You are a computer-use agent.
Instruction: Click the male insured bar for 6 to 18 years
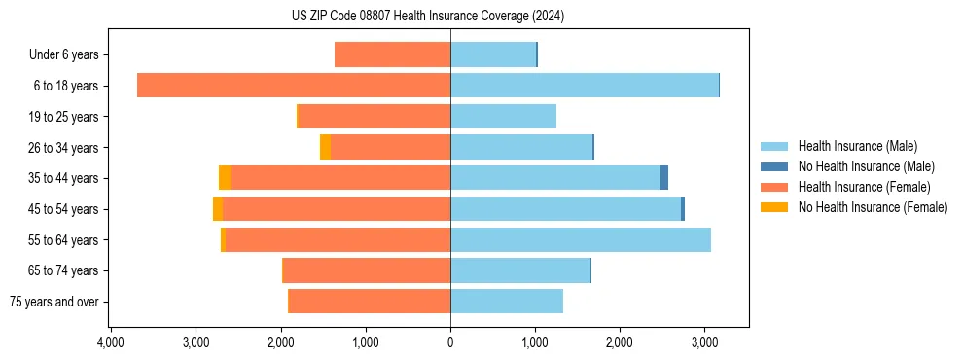(x=584, y=86)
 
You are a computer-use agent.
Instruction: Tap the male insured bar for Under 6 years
(x=493, y=54)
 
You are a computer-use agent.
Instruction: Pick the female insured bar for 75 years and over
(x=370, y=302)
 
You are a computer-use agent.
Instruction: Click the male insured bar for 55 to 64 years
(x=580, y=239)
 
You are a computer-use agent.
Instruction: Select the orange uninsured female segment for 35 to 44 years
(x=225, y=178)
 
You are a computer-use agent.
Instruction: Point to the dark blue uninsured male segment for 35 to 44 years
(x=664, y=178)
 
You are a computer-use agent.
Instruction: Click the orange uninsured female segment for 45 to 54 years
(x=218, y=209)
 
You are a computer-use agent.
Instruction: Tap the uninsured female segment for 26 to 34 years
(x=325, y=147)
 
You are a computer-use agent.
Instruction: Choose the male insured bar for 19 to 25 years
(x=503, y=117)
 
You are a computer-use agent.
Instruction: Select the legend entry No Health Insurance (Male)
(x=860, y=166)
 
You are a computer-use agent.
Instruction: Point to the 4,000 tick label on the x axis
(x=111, y=342)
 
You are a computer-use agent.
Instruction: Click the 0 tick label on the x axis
(x=450, y=342)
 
